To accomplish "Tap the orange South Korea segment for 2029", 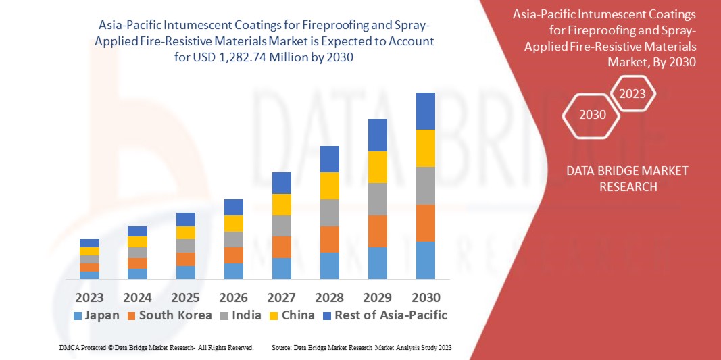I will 377,231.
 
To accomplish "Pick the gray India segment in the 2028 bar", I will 329,213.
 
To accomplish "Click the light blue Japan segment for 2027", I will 281,268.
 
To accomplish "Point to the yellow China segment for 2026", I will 233,224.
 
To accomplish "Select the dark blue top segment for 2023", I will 89,243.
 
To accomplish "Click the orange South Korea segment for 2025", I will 185,259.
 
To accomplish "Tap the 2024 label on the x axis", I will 137,297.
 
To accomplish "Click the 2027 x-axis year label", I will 281,297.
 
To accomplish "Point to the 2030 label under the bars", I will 426,297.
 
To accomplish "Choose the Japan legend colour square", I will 76,315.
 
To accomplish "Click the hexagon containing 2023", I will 632,94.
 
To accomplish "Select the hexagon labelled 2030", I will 593,114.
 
